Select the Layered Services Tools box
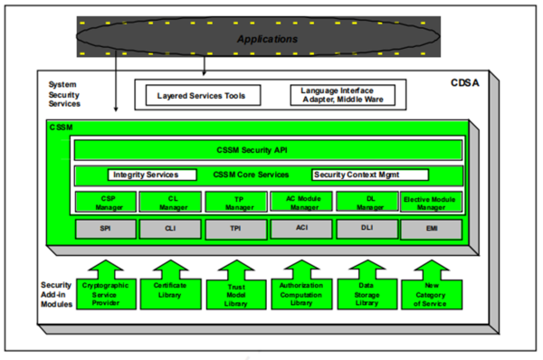click(x=200, y=94)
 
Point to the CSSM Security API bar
click(x=267, y=150)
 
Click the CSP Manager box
click(x=105, y=203)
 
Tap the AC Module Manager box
click(x=300, y=203)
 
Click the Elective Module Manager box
click(x=431, y=203)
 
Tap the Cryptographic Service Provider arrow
click(x=105, y=284)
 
